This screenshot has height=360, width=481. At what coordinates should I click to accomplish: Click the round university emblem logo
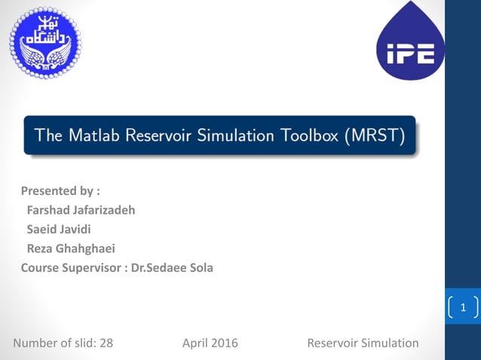(x=45, y=43)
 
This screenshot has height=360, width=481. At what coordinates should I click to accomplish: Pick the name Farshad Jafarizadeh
(x=81, y=210)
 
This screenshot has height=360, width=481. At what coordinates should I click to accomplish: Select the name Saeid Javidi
(x=59, y=230)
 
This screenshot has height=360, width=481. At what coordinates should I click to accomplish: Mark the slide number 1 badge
(x=464, y=307)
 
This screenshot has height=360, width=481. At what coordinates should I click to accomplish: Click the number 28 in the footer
(x=106, y=343)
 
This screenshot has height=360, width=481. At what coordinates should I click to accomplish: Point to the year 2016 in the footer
(x=224, y=343)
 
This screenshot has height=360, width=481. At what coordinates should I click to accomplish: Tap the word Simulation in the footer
(x=389, y=343)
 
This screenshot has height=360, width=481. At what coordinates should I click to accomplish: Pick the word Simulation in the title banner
(x=226, y=136)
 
